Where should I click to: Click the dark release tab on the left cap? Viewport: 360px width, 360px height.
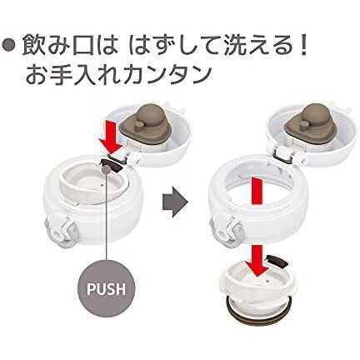pos(108,163)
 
